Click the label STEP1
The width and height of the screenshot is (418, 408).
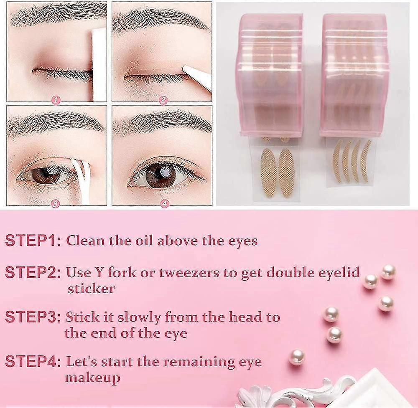[x=33, y=241]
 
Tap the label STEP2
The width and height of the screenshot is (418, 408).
[x=33, y=273]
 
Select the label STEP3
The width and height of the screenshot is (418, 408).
[x=33, y=317]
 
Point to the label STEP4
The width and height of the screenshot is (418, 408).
[x=33, y=361]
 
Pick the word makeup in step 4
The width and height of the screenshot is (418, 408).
[x=92, y=378]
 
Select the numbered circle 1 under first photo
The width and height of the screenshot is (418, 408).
[x=56, y=100]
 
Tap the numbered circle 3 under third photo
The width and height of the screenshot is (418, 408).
[x=56, y=203]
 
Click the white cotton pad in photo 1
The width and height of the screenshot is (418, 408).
[x=99, y=63]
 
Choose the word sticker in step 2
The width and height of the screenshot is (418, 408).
[x=91, y=289]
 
